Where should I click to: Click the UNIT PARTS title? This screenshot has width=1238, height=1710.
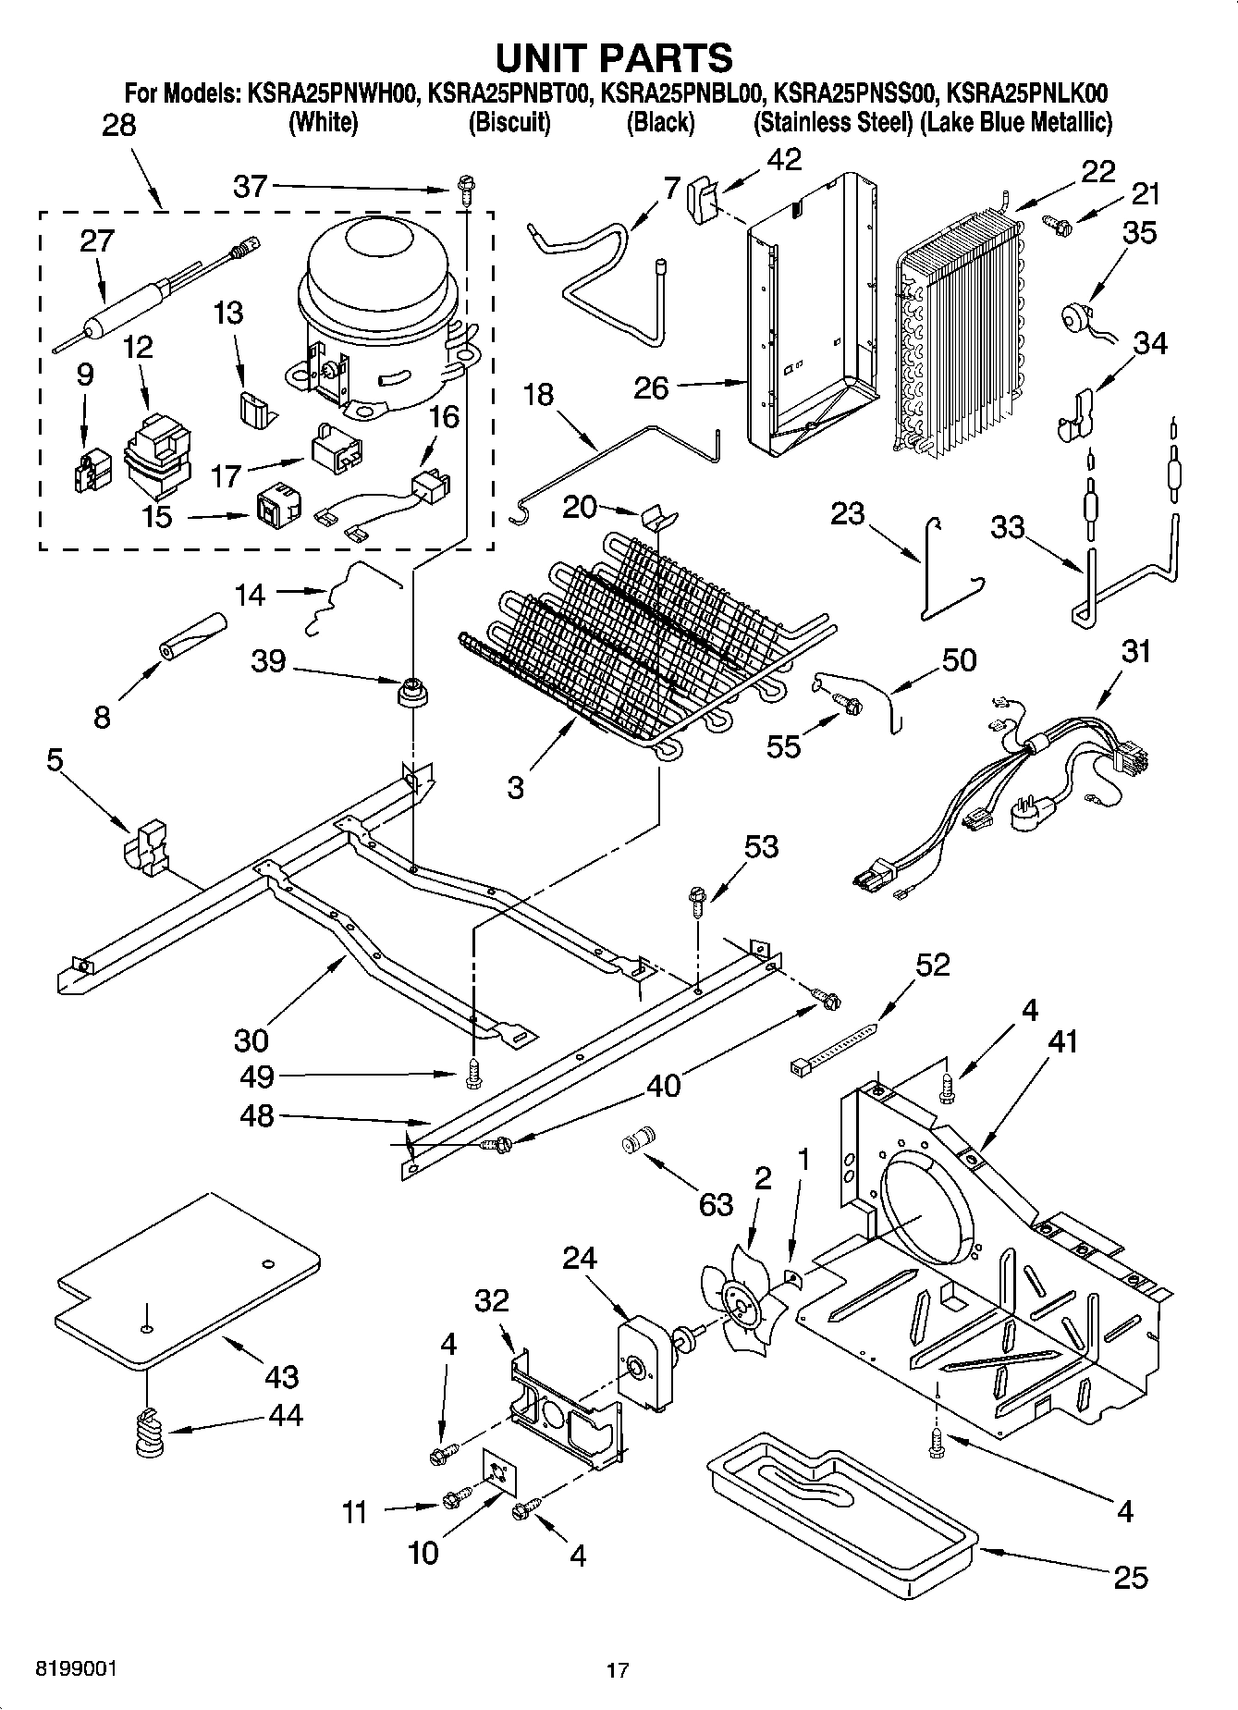pyautogui.click(x=615, y=57)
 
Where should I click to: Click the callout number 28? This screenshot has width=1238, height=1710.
pyautogui.click(x=118, y=125)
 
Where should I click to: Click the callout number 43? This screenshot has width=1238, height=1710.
pyautogui.click(x=281, y=1375)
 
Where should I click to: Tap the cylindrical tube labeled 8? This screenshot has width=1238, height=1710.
pyautogui.click(x=192, y=636)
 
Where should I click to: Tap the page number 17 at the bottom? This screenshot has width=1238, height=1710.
pyautogui.click(x=618, y=1670)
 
